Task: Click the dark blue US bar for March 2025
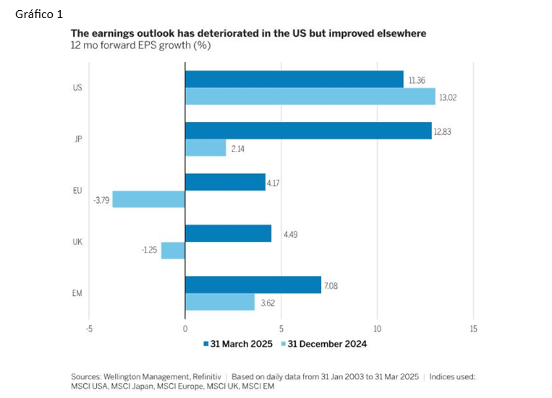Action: click(x=294, y=79)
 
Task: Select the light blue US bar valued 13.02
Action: click(x=310, y=97)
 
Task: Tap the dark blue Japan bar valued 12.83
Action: click(x=308, y=131)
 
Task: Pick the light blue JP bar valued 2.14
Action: click(x=205, y=148)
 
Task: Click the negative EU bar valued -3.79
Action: click(x=148, y=199)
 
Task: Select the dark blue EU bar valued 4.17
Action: click(x=225, y=182)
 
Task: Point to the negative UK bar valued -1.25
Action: click(x=173, y=251)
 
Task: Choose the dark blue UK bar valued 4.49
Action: click(x=228, y=233)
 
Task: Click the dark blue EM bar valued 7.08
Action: click(x=252, y=285)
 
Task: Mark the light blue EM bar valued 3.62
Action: click(x=219, y=302)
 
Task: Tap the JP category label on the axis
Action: click(x=77, y=139)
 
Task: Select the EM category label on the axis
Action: click(x=77, y=293)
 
